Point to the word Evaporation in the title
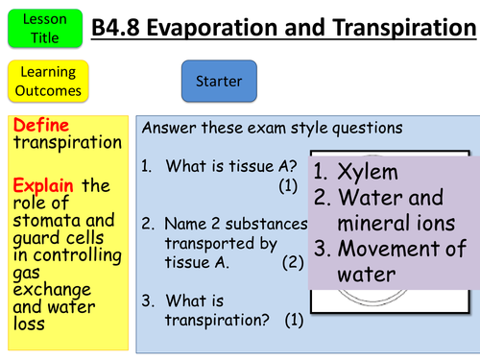click(x=227, y=28)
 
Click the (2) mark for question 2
click(x=293, y=260)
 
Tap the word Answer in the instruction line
click(x=168, y=128)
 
